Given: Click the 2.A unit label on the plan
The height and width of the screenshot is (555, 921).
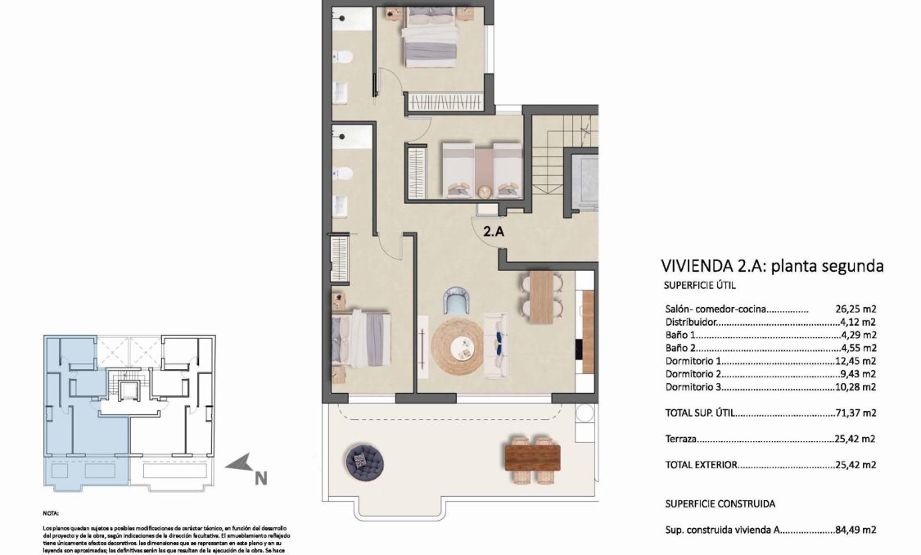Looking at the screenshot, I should click(x=493, y=232).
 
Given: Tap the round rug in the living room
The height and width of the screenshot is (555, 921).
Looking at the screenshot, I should click(x=458, y=345).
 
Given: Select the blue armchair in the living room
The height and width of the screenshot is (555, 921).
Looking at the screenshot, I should click(x=454, y=302).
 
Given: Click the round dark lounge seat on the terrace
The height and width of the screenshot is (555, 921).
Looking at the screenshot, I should click(x=365, y=463).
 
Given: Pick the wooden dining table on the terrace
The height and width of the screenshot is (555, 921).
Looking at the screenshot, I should click(x=534, y=455).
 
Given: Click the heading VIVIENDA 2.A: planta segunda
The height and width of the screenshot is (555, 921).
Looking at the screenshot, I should click(x=771, y=266).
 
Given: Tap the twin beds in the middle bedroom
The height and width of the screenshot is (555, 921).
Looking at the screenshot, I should click(x=481, y=169).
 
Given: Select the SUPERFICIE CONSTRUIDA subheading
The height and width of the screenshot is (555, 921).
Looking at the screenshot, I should click(x=719, y=503).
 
